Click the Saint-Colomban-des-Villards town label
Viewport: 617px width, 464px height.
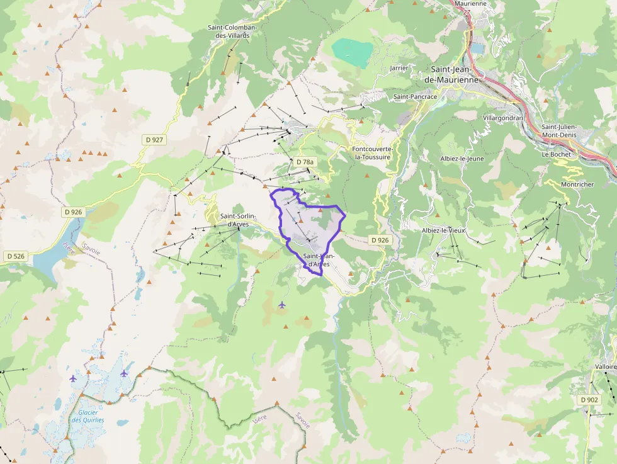pos(229,31)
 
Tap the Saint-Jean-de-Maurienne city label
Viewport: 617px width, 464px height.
pos(455,74)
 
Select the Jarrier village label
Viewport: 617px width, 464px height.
pos(399,67)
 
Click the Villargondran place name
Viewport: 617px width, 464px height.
pos(503,118)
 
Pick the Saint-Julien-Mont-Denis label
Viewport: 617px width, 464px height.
pos(558,130)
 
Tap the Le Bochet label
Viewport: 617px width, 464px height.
pos(555,154)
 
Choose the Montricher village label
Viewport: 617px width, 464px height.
pos(577,184)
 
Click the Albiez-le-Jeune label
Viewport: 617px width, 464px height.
pos(462,159)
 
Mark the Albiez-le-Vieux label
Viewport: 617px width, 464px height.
pos(443,230)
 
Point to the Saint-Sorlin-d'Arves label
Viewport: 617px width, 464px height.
pos(237,220)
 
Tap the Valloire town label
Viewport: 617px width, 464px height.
pos(605,366)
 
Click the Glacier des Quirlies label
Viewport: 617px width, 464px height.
pos(88,416)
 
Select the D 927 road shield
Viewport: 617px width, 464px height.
pos(154,140)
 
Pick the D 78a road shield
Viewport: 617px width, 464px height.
pos(304,162)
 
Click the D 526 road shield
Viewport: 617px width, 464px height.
pos(16,256)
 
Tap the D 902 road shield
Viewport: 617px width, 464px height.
pos(589,399)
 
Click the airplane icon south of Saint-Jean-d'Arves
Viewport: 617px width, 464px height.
pos(281,305)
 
